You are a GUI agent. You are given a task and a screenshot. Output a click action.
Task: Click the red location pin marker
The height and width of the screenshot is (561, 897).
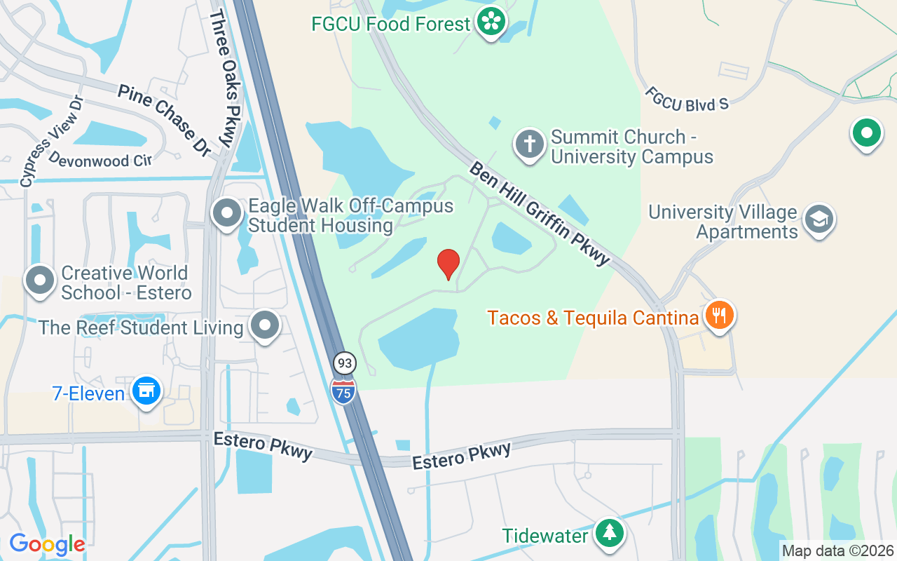pyautogui.click(x=448, y=264)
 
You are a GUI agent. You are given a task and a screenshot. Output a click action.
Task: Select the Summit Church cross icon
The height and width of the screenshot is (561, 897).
pyautogui.click(x=530, y=144)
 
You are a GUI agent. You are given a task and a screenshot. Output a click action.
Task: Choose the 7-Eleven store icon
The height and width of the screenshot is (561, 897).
pyautogui.click(x=146, y=391)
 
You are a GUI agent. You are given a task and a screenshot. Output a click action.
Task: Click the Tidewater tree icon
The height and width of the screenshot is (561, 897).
pyautogui.click(x=609, y=534)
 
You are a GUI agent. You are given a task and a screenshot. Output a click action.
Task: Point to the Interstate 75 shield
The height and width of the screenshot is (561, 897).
pyautogui.click(x=343, y=390)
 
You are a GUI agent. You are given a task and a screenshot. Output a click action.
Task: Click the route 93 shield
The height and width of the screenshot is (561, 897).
pyautogui.click(x=344, y=363)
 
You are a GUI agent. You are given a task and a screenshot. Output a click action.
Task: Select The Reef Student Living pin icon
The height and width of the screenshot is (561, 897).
pyautogui.click(x=266, y=325)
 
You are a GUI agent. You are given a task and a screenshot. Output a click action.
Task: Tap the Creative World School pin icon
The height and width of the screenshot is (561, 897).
pyautogui.click(x=40, y=280)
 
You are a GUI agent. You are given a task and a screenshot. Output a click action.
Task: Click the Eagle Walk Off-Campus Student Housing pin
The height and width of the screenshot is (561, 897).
pyautogui.click(x=227, y=212)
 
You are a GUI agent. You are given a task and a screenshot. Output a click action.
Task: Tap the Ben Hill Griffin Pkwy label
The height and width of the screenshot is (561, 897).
pyautogui.click(x=540, y=213)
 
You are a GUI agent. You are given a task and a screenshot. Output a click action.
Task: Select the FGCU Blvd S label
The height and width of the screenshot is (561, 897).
pyautogui.click(x=687, y=99)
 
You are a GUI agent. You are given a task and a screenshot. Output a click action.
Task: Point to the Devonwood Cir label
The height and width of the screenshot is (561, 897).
pyautogui.click(x=100, y=159)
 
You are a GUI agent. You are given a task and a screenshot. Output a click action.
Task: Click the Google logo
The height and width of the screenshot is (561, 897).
pyautogui.click(x=47, y=544)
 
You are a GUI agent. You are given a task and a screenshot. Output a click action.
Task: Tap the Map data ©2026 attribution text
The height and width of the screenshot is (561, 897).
pyautogui.click(x=838, y=551)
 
